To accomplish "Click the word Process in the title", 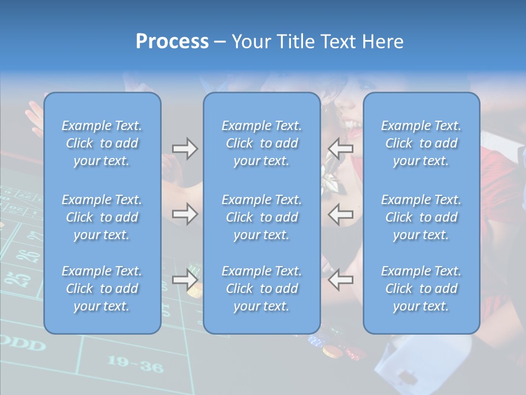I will [172, 42].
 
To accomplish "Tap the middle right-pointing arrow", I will [185, 214].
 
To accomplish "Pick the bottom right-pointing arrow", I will [185, 280].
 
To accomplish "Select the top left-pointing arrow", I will [340, 148].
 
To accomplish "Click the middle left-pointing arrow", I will [340, 214].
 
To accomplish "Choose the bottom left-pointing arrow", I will [340, 280].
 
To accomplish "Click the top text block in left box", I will [102, 143].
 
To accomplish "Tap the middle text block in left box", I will [102, 217].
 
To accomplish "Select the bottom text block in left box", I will [102, 289].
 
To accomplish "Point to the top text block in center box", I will [262, 143].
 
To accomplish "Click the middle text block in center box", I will [262, 217].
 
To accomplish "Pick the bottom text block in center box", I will [262, 289].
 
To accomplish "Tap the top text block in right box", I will [421, 143].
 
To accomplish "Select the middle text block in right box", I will [421, 217].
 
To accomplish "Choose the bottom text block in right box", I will [421, 289].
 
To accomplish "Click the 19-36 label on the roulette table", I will [135, 363].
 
